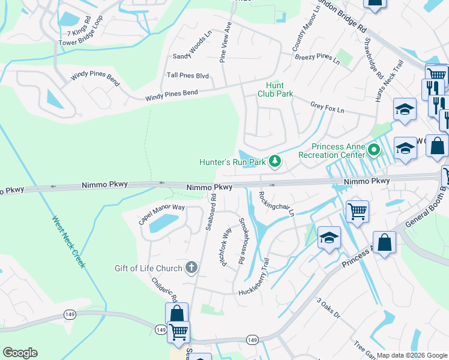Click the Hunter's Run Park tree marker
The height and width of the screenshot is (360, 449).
coord(275,161)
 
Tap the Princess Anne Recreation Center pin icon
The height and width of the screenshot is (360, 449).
coord(374,149)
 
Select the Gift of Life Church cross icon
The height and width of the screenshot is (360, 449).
coord(191,268)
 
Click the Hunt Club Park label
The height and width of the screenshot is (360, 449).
coord(275,90)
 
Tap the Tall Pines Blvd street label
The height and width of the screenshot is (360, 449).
coord(188,76)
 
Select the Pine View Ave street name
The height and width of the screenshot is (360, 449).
coord(225,42)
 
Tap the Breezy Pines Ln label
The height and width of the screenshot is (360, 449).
coord(317,58)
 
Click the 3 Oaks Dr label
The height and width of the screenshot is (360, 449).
coord(328,308)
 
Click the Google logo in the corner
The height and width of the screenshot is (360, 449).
coord(20,353)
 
